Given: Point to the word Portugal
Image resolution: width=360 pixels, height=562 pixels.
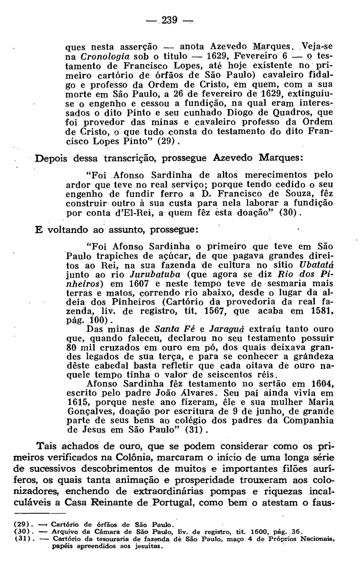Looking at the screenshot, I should [x=173, y=503].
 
